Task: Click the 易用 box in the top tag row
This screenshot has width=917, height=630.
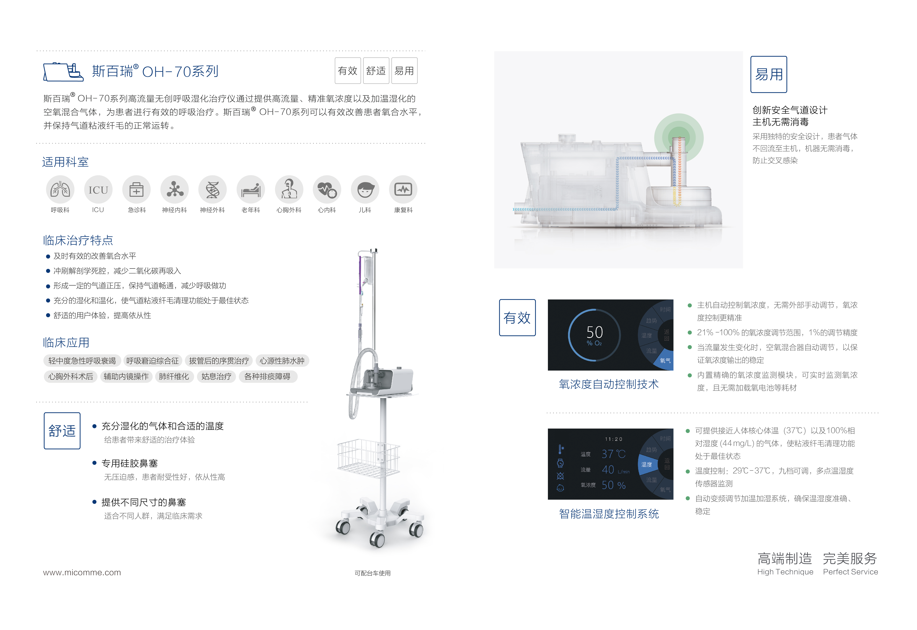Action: (404, 71)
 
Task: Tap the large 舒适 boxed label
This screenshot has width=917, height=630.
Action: (62, 431)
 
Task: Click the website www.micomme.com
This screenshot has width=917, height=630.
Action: (82, 572)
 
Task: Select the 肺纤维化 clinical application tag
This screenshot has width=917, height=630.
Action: (174, 376)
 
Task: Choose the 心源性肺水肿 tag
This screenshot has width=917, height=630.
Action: (282, 361)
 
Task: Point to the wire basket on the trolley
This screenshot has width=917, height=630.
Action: (369, 458)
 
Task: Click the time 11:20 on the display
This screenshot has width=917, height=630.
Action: (613, 439)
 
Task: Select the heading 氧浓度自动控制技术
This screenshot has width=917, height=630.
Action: (609, 384)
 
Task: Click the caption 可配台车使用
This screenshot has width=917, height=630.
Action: (373, 573)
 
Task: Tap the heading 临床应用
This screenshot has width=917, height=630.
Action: (66, 342)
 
